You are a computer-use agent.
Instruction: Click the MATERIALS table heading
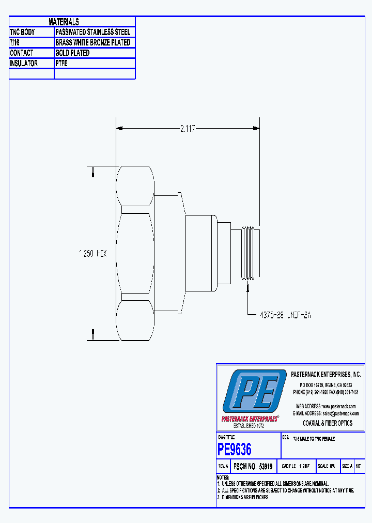[x=64, y=22]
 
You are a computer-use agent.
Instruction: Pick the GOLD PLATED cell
[x=72, y=53]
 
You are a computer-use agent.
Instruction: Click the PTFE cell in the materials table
[x=61, y=63]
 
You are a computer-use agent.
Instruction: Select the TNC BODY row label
[x=22, y=32]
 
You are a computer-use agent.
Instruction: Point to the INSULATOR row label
[x=24, y=63]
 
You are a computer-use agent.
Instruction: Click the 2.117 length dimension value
[x=188, y=129]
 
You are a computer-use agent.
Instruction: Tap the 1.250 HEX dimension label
[x=92, y=254]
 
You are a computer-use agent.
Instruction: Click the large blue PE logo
[x=254, y=391]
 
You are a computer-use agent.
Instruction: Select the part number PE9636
[x=235, y=449]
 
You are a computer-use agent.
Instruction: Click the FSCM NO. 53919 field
[x=253, y=466]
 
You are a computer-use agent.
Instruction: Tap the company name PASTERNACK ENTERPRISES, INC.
[x=326, y=374]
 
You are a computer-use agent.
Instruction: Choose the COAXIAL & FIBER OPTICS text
[x=328, y=423]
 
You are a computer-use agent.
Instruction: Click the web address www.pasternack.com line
[x=326, y=406]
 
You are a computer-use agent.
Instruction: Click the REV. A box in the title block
[x=223, y=466]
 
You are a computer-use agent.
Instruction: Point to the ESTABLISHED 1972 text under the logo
[x=249, y=425]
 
